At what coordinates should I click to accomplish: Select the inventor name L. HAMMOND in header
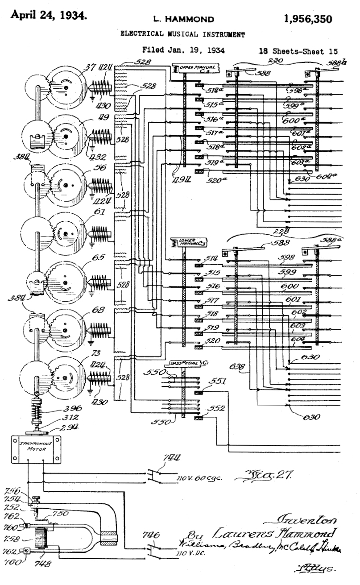[183, 19]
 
